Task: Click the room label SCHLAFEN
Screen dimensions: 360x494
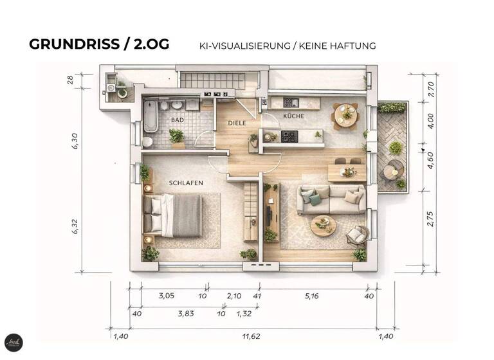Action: [186, 183]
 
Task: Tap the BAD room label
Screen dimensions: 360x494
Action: [178, 120]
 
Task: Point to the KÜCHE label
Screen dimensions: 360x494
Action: [294, 116]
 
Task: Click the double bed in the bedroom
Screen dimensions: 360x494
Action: [172, 213]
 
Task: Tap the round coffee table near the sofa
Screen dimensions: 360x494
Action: [323, 225]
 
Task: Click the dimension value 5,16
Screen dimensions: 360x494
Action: [311, 296]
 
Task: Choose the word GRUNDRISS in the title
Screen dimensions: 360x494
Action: [72, 44]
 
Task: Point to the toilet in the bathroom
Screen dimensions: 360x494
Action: [147, 141]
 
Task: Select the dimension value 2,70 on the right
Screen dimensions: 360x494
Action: [430, 87]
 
